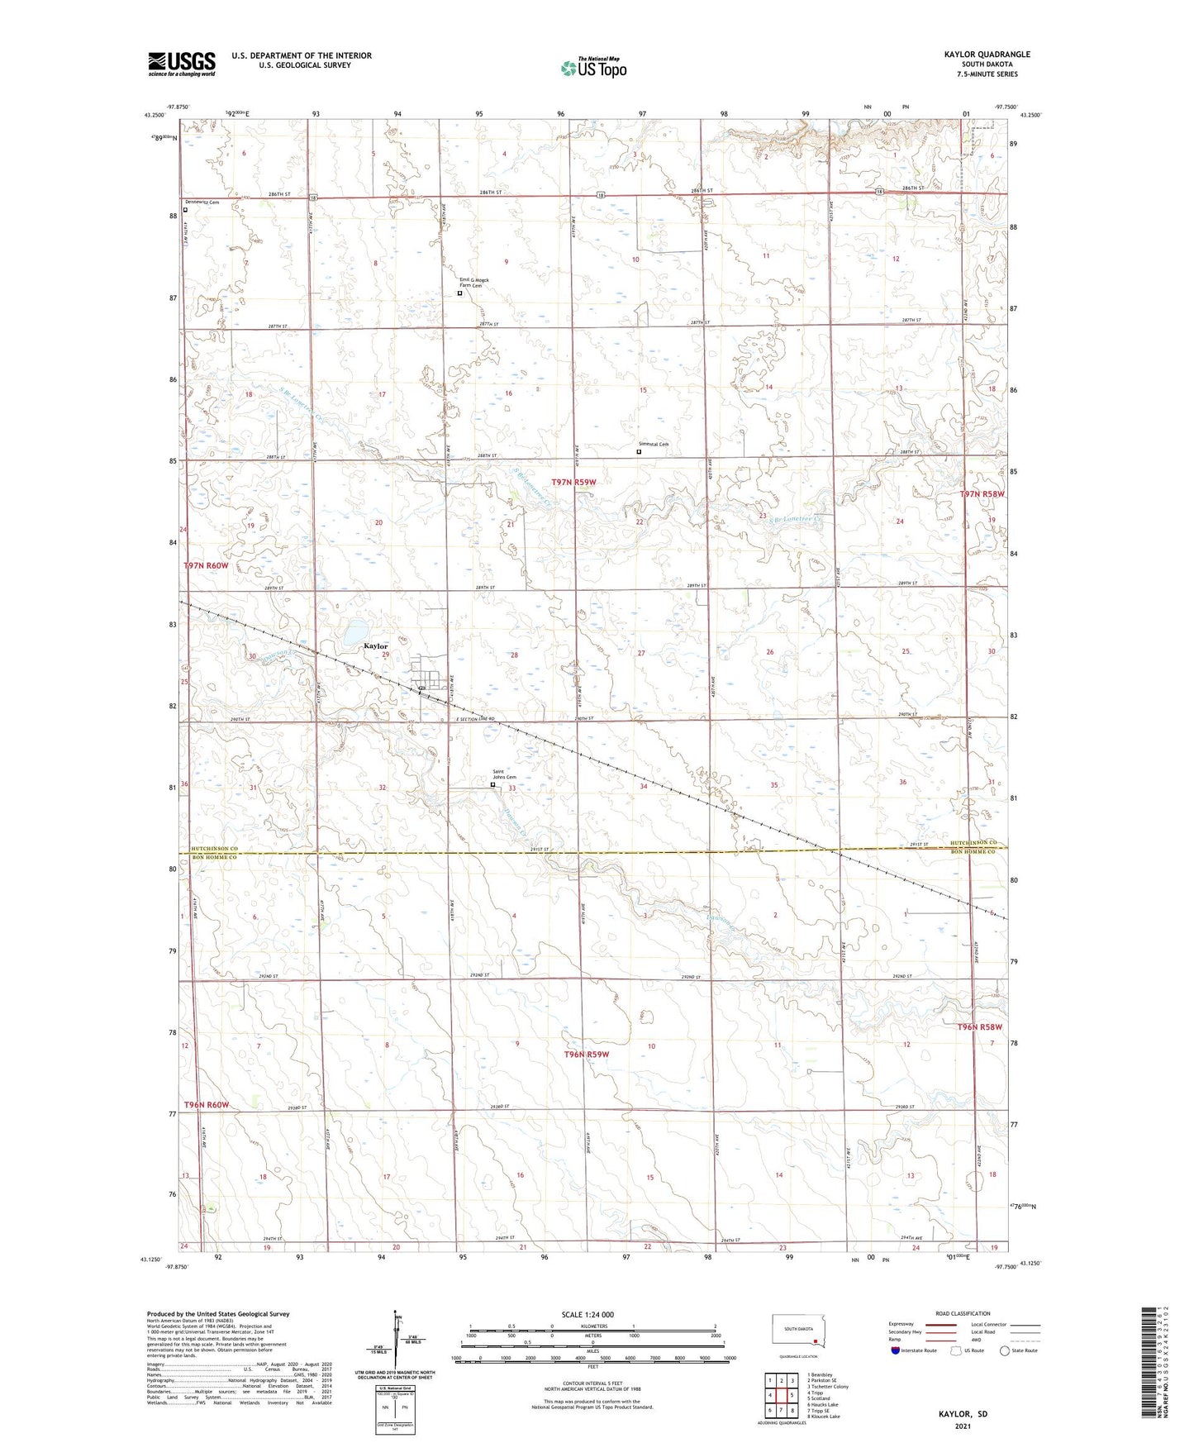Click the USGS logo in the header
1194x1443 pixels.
coord(182,63)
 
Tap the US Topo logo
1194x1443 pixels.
coord(592,67)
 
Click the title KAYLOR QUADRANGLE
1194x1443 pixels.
coord(987,55)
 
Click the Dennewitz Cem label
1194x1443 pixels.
coord(202,202)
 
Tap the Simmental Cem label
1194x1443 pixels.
coord(653,445)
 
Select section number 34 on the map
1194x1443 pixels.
coord(643,786)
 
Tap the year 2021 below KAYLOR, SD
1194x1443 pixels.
coord(963,1426)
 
